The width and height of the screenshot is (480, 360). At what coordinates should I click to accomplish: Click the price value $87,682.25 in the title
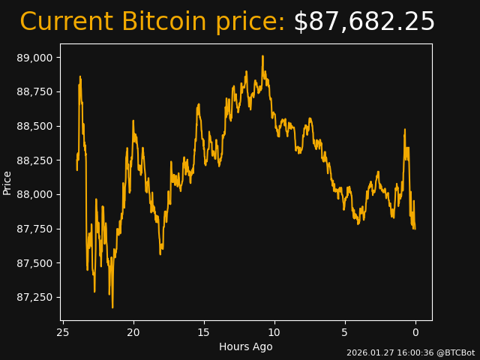364,22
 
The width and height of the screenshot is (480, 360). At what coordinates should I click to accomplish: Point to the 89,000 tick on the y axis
36,58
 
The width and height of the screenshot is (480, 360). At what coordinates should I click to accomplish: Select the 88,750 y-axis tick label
36,91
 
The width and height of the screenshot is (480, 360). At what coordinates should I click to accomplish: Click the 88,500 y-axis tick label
36,126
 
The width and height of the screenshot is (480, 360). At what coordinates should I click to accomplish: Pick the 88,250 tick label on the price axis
36,160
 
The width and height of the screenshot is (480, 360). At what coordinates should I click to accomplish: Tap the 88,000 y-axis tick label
36,194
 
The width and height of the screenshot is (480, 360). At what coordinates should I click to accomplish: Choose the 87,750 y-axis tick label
36,229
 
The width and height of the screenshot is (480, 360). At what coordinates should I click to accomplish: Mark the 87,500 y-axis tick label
36,263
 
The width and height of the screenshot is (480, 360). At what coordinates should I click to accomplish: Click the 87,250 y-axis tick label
36,297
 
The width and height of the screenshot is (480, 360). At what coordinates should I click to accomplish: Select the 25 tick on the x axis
63,332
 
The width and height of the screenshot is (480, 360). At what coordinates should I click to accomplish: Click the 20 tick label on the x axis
133,332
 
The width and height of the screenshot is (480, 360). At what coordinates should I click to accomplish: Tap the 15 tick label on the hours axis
204,332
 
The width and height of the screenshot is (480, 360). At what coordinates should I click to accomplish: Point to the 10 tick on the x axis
274,332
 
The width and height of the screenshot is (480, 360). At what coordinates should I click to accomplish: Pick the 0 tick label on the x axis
415,332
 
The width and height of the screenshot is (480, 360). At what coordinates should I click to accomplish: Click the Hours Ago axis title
246,346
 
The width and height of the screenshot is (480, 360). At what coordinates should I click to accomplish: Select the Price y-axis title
7,182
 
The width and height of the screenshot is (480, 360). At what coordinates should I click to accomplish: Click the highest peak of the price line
262,56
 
